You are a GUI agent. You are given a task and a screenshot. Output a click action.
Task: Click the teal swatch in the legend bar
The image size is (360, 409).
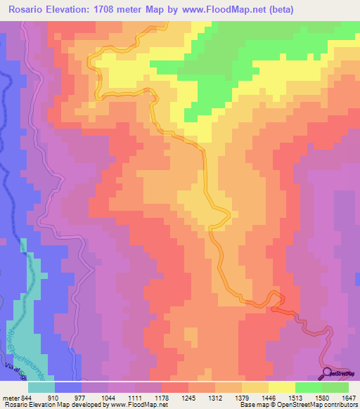(41, 387)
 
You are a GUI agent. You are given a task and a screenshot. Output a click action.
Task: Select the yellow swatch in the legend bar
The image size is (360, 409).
(281, 387)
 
